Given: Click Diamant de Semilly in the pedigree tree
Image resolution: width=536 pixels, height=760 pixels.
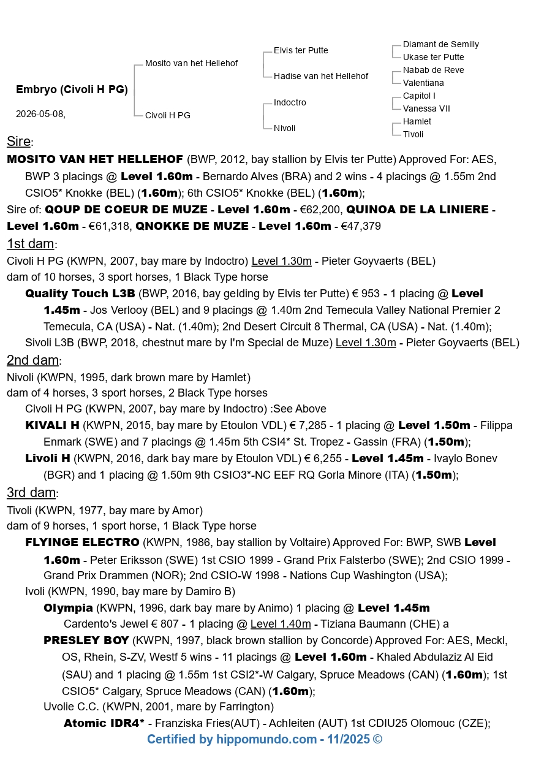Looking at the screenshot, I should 440,44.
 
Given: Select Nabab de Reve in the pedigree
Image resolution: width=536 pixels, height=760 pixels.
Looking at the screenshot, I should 433,70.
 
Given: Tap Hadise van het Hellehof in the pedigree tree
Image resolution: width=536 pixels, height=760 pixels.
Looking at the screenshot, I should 321,76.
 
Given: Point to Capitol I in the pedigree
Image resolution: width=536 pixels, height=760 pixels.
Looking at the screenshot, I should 419,96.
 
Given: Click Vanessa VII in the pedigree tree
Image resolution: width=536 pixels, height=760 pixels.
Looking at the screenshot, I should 426,108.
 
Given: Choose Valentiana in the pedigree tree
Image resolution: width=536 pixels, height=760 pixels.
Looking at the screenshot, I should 423,83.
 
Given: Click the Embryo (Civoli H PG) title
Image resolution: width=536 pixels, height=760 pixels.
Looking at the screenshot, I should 72,89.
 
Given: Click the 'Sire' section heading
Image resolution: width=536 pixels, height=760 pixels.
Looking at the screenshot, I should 19,142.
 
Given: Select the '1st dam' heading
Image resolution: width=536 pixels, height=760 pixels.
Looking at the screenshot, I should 31,243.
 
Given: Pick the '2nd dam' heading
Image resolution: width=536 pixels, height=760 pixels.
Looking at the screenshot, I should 32,360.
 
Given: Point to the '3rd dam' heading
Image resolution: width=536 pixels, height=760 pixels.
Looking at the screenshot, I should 32,493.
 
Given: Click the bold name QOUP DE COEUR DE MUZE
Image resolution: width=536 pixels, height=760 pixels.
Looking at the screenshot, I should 126,210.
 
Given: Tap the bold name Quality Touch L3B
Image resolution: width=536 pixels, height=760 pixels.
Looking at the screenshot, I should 80,294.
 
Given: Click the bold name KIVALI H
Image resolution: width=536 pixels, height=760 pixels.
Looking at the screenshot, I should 52,425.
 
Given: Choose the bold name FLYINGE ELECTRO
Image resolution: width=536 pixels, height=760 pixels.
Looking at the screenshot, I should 82,542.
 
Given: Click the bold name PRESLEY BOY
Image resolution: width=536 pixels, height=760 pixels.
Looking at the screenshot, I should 86,640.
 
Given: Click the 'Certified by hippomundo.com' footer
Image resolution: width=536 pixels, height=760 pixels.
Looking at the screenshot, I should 265,739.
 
